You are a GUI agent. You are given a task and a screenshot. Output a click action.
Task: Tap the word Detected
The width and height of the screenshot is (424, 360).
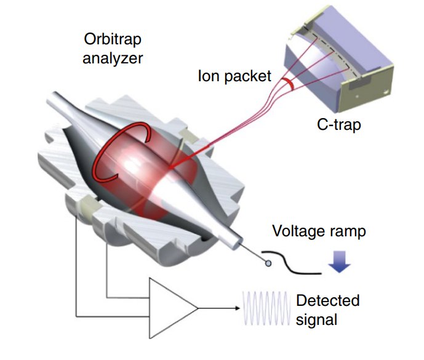tap(327, 301)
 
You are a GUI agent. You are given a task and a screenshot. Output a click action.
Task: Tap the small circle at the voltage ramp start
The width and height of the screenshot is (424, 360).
tap(268, 263)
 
